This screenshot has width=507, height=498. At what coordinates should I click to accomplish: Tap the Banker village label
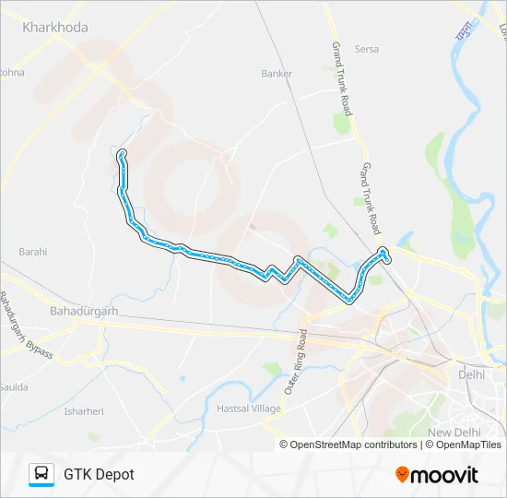[277, 74]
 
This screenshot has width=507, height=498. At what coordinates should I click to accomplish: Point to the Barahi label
[32, 251]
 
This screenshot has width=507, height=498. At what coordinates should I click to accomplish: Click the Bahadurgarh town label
[86, 312]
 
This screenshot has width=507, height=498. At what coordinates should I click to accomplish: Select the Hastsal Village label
[248, 409]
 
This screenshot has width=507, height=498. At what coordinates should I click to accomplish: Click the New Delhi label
[454, 432]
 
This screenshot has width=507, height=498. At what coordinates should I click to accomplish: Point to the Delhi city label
[471, 375]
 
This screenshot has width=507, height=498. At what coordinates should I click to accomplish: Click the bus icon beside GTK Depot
[41, 474]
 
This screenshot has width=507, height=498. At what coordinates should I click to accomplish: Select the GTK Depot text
[99, 474]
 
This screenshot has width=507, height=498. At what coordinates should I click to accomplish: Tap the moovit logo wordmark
[444, 475]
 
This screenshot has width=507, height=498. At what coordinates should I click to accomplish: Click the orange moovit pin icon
[402, 475]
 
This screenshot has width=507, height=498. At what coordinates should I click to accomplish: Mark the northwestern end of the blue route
[120, 153]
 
